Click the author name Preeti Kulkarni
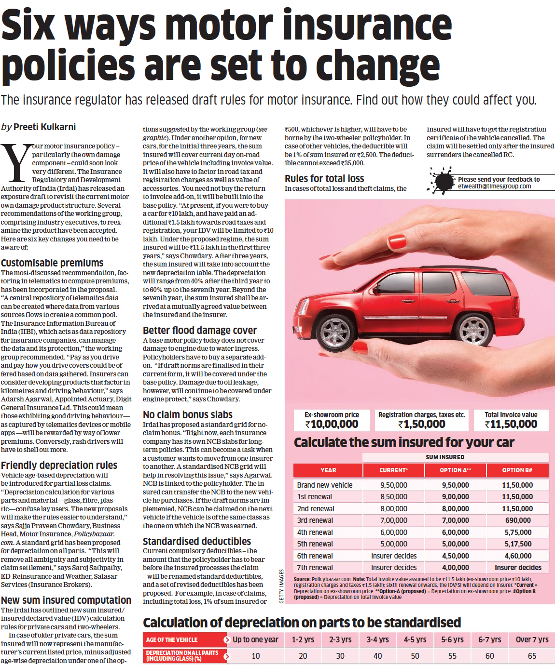tap(44, 127)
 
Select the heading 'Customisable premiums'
tap(52, 263)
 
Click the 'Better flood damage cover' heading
tap(199, 331)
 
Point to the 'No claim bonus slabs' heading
tap(187, 415)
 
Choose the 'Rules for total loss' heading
tap(324, 179)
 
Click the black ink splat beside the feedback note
tap(442, 181)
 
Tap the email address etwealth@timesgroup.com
tap(494, 186)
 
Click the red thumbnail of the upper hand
tap(397, 241)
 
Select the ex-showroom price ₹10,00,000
tap(332, 425)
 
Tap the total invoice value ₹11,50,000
tap(511, 425)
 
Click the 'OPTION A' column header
tap(455, 470)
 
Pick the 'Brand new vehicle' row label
tap(324, 485)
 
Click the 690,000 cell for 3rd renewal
tap(517, 520)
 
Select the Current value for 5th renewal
tap(393, 544)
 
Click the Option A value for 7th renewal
tap(455, 568)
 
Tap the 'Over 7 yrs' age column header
tap(532, 640)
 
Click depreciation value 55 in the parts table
tap(452, 656)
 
